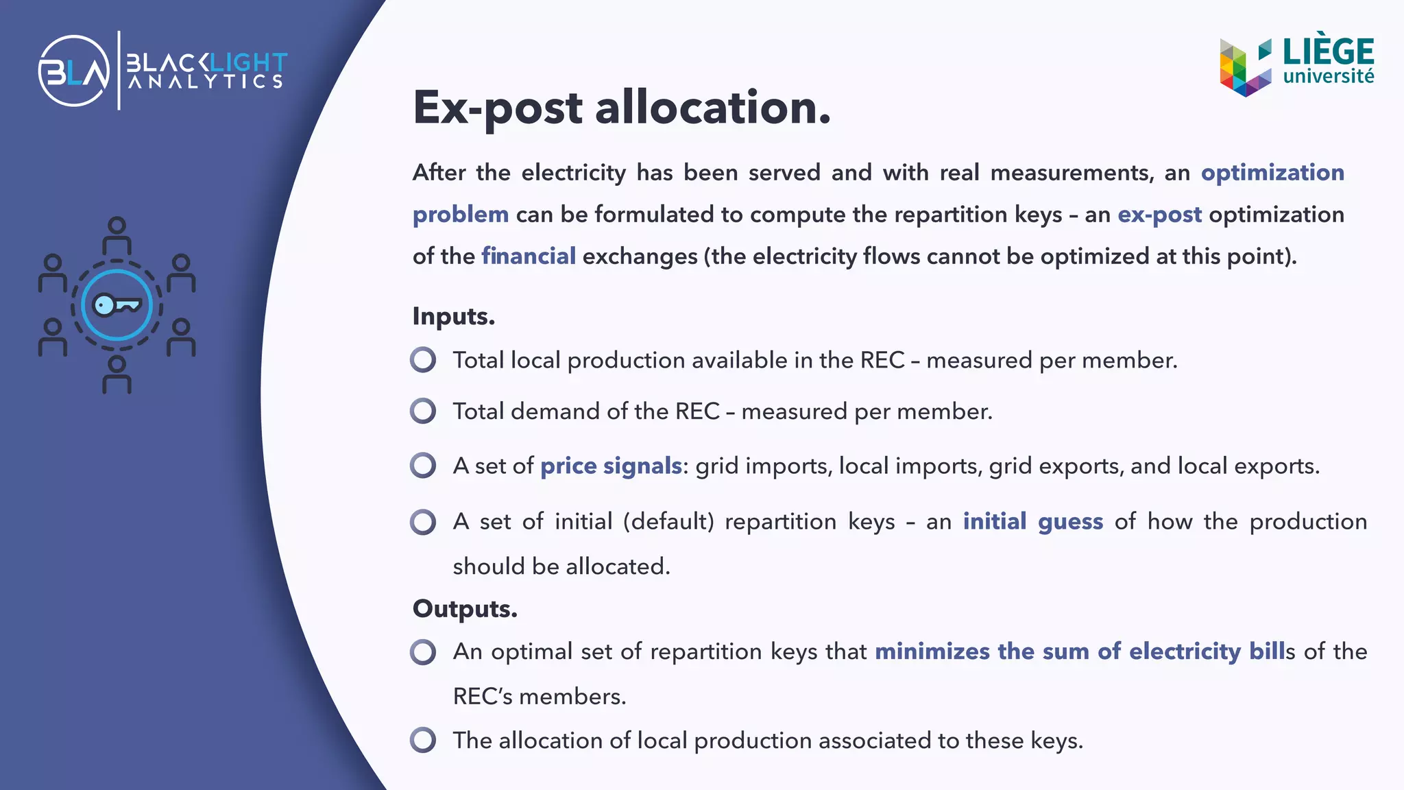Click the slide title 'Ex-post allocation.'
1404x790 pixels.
coord(621,108)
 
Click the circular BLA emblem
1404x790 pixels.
coord(74,71)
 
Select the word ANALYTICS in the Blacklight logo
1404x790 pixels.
coord(206,82)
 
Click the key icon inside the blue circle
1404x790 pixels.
coord(117,304)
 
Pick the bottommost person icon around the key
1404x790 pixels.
coord(117,374)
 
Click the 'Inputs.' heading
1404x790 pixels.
coord(453,316)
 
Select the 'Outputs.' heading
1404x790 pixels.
coord(465,609)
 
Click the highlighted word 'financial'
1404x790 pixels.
coord(528,256)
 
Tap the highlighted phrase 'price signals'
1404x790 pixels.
coord(611,466)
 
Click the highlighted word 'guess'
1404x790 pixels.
coord(1070,522)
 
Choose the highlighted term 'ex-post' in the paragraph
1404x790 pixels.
coord(1159,215)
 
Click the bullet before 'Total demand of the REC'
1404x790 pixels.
coord(423,411)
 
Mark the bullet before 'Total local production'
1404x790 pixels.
coord(423,360)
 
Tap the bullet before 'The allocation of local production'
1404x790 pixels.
coord(423,741)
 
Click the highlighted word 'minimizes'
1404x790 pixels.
coord(932,651)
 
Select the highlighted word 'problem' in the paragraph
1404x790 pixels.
coord(460,215)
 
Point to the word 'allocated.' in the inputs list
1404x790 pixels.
coord(618,566)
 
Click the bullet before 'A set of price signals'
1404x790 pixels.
coord(423,466)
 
